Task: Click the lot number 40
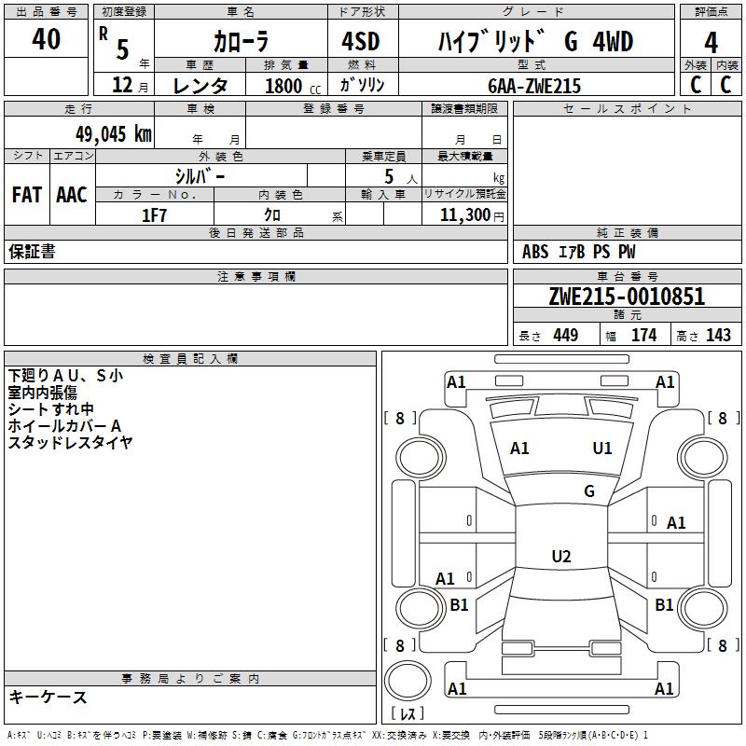point(46,38)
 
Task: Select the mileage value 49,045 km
point(113,134)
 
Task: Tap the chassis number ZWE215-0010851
point(627,297)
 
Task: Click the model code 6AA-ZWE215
point(534,86)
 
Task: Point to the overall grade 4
point(711,43)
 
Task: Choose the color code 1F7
point(154,215)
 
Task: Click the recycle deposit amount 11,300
point(464,214)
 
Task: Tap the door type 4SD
point(361,41)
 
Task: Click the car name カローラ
point(241,41)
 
